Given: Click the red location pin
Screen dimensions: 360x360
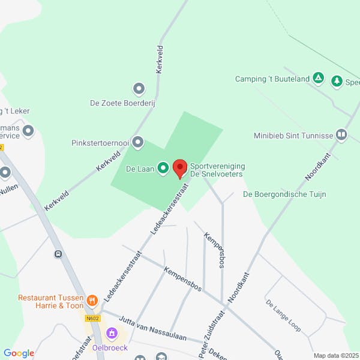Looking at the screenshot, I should tap(180, 169).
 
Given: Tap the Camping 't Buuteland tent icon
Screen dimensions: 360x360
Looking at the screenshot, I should tap(319, 79).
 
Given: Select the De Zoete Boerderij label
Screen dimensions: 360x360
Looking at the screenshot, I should tap(122, 103).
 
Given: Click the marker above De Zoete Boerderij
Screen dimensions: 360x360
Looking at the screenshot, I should tap(139, 89).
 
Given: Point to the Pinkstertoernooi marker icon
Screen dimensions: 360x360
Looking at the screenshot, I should tap(139, 143).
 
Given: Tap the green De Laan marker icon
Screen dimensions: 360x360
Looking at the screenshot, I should tap(163, 169).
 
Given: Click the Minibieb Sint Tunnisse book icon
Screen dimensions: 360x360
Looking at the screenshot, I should tap(341, 135).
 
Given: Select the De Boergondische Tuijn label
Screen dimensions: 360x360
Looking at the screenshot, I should tap(283, 194).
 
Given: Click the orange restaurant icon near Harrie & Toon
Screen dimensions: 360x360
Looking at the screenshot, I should tap(92, 300).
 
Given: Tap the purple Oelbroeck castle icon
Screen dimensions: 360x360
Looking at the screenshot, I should tap(112, 332).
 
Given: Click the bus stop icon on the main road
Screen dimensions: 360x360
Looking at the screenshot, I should tap(58, 254).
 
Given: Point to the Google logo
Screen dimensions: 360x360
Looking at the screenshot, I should tap(19, 353).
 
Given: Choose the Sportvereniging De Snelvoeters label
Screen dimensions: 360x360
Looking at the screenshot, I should tap(217, 170).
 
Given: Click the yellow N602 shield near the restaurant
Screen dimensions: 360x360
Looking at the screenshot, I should tap(92, 319).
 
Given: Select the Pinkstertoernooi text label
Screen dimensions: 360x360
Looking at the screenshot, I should tap(100, 143).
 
